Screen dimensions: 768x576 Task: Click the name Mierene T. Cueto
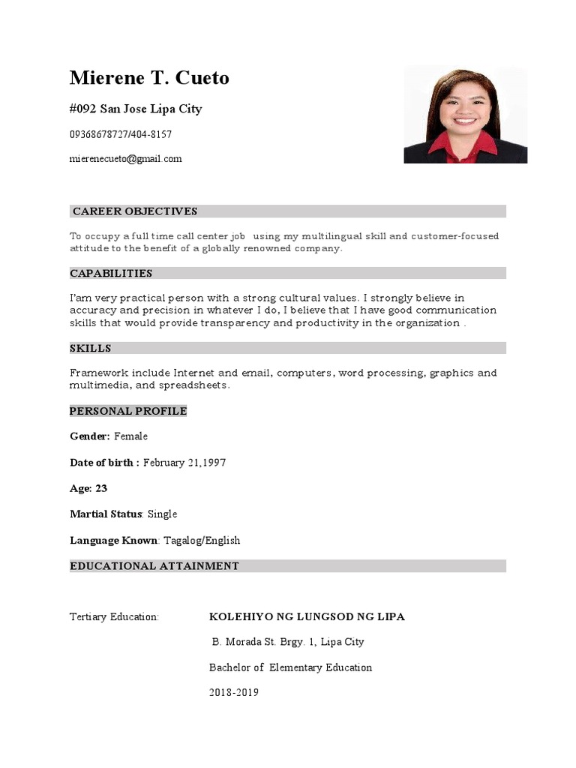[149, 78]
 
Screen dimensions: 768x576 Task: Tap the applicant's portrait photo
[465, 115]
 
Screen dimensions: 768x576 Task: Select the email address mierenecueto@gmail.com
[125, 159]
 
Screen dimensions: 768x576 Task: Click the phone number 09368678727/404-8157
[120, 134]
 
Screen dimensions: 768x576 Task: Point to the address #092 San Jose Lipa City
[135, 109]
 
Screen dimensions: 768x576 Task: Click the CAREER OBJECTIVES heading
[135, 211]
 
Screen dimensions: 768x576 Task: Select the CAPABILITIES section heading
[111, 274]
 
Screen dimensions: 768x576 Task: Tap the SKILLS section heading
[91, 349]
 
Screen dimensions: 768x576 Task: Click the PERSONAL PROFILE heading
[128, 411]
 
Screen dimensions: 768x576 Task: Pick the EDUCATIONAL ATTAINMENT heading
[154, 566]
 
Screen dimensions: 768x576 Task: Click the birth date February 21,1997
[184, 463]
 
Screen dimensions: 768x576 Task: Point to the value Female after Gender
[130, 436]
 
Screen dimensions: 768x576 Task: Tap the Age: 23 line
[88, 488]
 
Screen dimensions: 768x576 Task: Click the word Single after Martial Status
[162, 514]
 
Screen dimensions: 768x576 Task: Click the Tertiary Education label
[114, 617]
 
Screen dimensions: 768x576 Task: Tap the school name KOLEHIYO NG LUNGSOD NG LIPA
[307, 617]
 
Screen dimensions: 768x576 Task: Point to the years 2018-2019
[233, 693]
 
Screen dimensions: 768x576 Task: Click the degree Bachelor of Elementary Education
[290, 667]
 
